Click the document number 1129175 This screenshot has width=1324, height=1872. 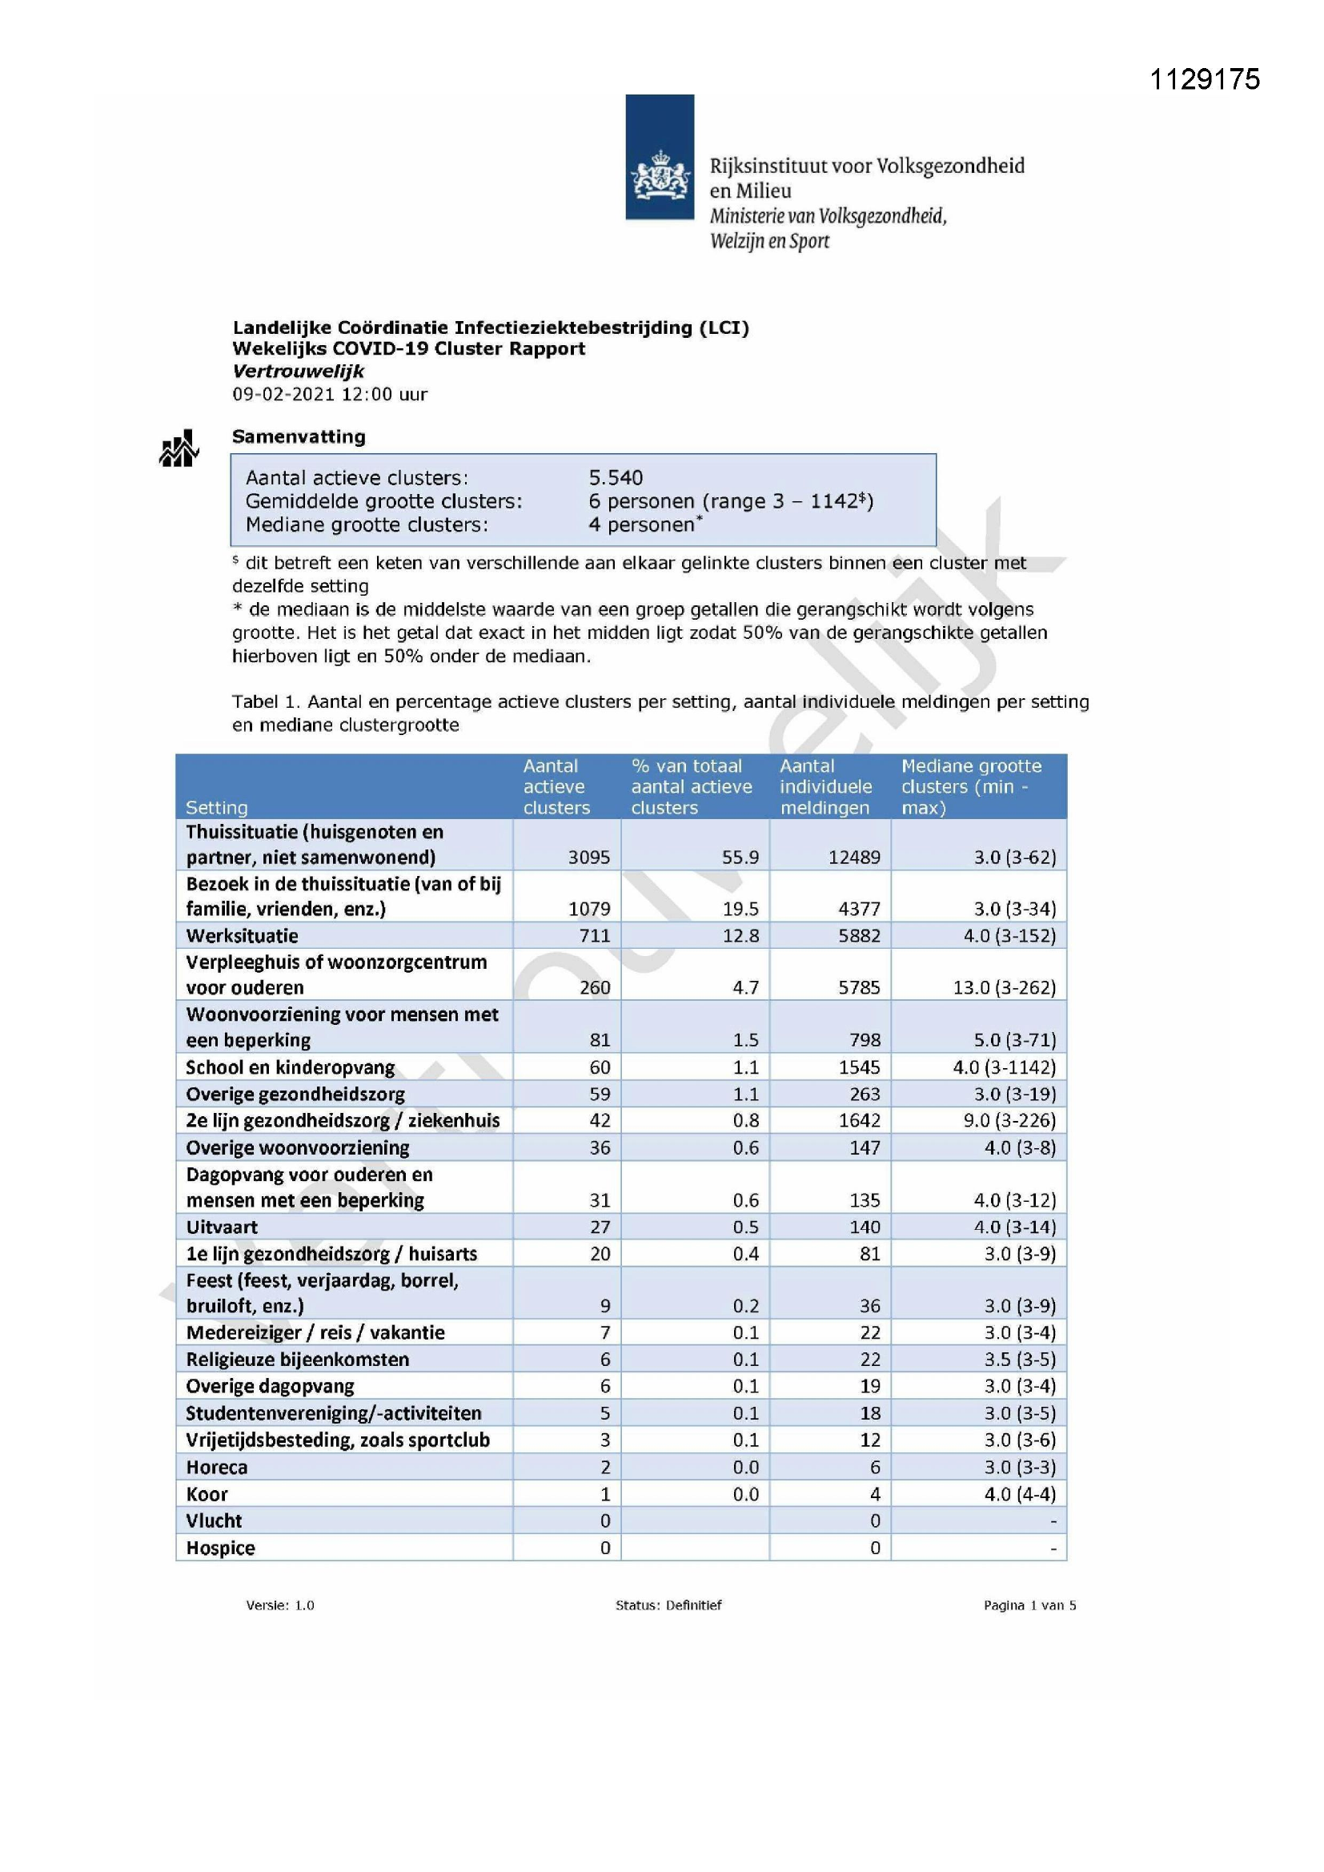click(1204, 79)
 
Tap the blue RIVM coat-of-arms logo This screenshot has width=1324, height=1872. click(660, 158)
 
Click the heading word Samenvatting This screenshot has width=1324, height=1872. click(299, 436)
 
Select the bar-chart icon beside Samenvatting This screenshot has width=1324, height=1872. click(179, 448)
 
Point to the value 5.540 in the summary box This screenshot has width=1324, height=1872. click(616, 477)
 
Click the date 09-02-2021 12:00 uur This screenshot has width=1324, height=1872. click(329, 394)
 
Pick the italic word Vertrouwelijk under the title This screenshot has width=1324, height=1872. click(298, 371)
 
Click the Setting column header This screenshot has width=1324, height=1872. click(216, 807)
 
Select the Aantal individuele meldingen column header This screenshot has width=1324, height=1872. click(825, 786)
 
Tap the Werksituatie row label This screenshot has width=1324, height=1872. click(242, 935)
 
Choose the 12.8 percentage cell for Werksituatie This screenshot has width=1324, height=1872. click(740, 935)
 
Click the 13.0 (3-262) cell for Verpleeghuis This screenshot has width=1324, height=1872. click(1004, 987)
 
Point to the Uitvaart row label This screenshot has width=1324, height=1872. click(222, 1227)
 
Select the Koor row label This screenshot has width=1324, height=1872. click(207, 1495)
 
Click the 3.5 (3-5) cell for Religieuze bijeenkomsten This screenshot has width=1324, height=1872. click(1019, 1359)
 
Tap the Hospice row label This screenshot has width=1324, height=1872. click(220, 1549)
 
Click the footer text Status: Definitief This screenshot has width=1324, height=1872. click(668, 1605)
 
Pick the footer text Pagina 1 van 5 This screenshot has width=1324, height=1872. click(1029, 1605)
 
